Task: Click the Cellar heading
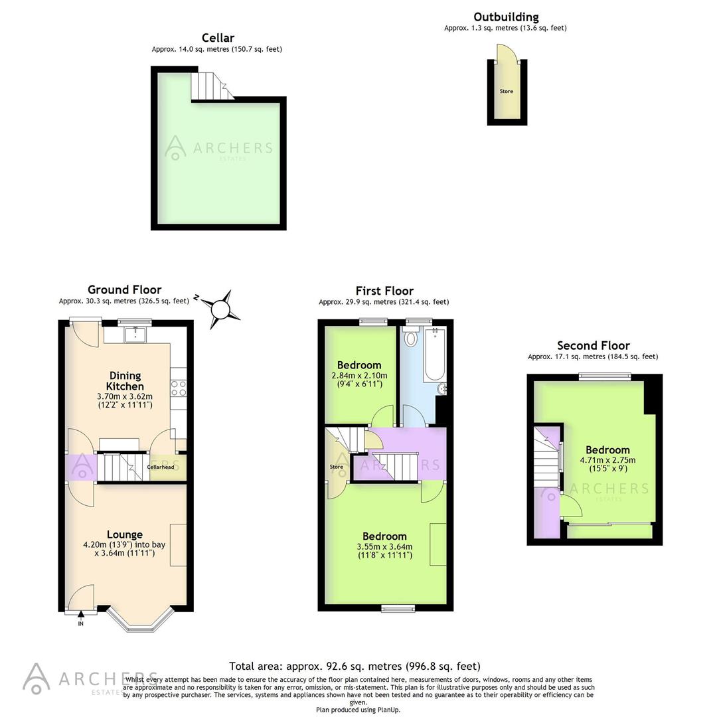click(x=217, y=38)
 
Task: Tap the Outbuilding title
click(x=505, y=17)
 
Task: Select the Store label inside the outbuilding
click(x=507, y=91)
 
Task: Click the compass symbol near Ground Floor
click(x=220, y=309)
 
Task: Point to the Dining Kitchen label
click(x=125, y=381)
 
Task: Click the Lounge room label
click(x=124, y=534)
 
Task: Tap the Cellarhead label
click(x=160, y=467)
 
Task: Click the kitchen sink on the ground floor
click(x=136, y=333)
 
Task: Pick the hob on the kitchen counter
click(x=178, y=388)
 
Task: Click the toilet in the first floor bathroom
click(x=410, y=339)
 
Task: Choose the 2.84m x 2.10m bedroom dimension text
click(x=358, y=376)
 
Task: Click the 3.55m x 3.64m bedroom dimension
click(x=384, y=547)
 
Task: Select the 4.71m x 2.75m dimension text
click(x=607, y=460)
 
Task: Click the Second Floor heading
click(x=593, y=345)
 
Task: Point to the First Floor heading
click(x=384, y=291)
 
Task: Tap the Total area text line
click(x=355, y=666)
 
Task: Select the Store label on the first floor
click(x=337, y=467)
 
